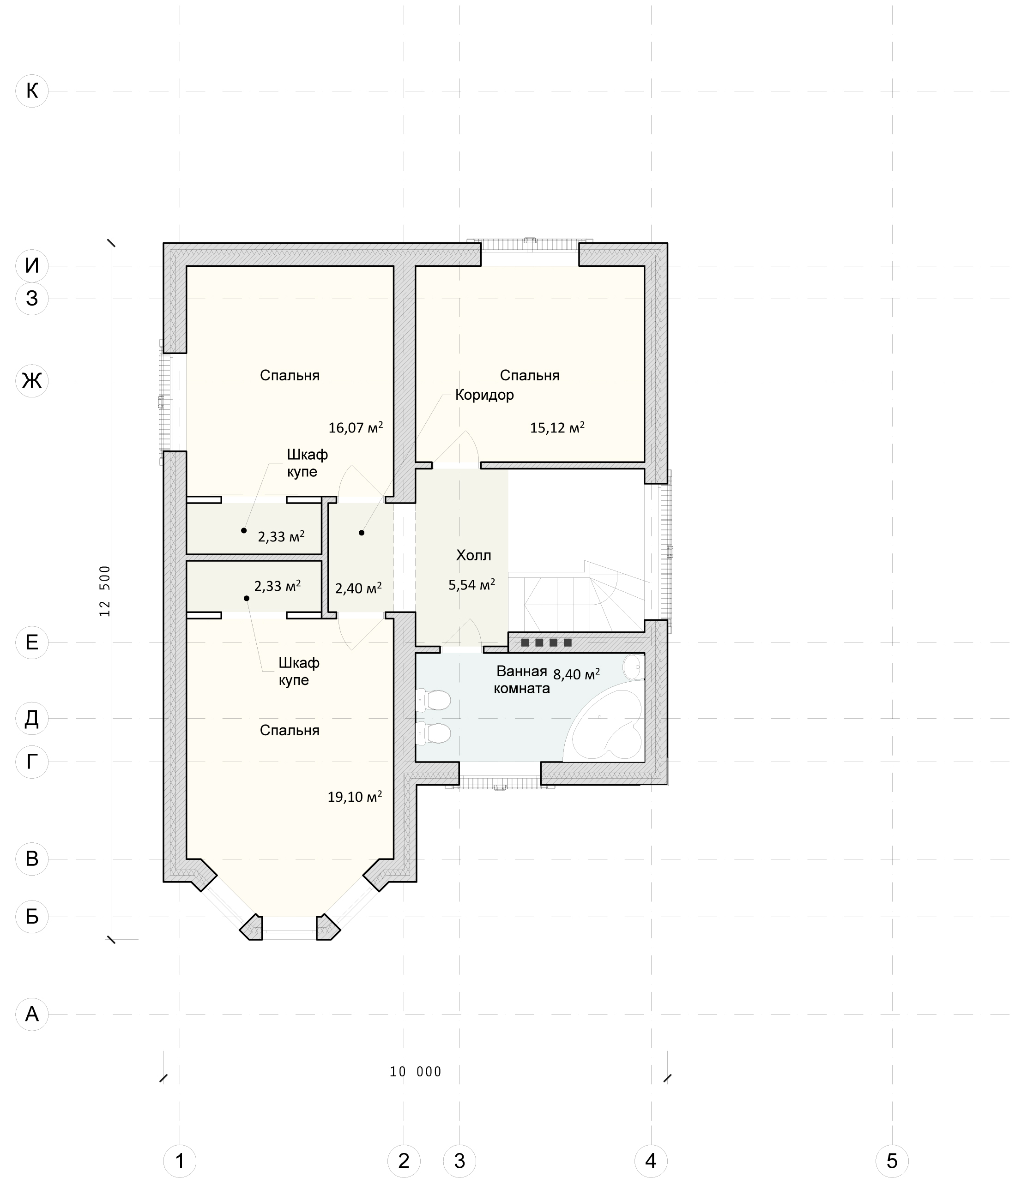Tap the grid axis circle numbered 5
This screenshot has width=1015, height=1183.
(x=892, y=1160)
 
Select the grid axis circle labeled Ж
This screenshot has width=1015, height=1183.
(x=32, y=380)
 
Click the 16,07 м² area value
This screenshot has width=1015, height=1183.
(x=355, y=427)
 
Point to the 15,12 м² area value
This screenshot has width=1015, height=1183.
(x=557, y=427)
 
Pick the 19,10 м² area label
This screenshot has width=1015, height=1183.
(x=355, y=797)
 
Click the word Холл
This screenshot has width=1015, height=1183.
(x=473, y=555)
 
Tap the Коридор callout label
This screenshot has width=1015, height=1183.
(x=484, y=395)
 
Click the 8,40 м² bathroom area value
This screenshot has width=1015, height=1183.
(x=576, y=674)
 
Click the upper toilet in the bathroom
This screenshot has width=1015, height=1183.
(x=434, y=700)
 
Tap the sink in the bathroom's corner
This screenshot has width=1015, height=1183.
(x=634, y=667)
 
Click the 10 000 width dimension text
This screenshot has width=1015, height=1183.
(x=416, y=1072)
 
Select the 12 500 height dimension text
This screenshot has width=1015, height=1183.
(x=104, y=591)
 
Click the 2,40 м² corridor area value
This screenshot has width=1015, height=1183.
(x=358, y=588)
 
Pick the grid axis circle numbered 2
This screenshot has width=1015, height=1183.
(x=404, y=1160)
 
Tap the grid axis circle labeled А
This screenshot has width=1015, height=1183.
(x=32, y=1014)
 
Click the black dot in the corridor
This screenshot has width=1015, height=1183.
(x=362, y=533)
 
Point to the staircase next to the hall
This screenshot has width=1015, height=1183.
(x=577, y=600)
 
